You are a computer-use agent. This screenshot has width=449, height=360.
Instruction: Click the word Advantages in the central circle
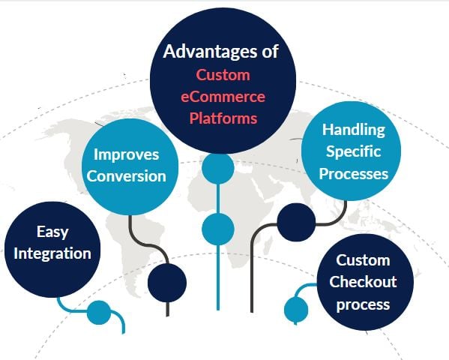(202, 52)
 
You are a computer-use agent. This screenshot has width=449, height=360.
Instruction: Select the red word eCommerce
(223, 97)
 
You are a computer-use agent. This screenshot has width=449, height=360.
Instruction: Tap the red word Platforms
(223, 118)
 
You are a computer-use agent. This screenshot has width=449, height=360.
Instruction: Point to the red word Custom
(223, 75)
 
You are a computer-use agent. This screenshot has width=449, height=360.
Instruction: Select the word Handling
(353, 130)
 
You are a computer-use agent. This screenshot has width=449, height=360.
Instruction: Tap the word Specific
(353, 151)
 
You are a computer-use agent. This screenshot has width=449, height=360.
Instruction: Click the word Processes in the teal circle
(353, 173)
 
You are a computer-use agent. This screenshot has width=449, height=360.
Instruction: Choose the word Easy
(52, 232)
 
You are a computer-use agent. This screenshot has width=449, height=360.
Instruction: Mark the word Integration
(52, 253)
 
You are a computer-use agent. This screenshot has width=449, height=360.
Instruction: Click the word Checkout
(363, 282)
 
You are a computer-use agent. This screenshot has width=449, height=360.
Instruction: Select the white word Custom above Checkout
(363, 260)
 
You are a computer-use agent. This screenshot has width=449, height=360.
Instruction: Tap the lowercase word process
(363, 304)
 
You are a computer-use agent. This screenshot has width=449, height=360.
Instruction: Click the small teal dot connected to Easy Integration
(98, 312)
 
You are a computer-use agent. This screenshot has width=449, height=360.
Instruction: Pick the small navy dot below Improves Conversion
(166, 281)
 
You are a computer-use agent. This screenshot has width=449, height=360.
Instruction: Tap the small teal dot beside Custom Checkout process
(296, 307)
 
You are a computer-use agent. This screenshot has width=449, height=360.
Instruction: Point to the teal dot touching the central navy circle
(218, 167)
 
